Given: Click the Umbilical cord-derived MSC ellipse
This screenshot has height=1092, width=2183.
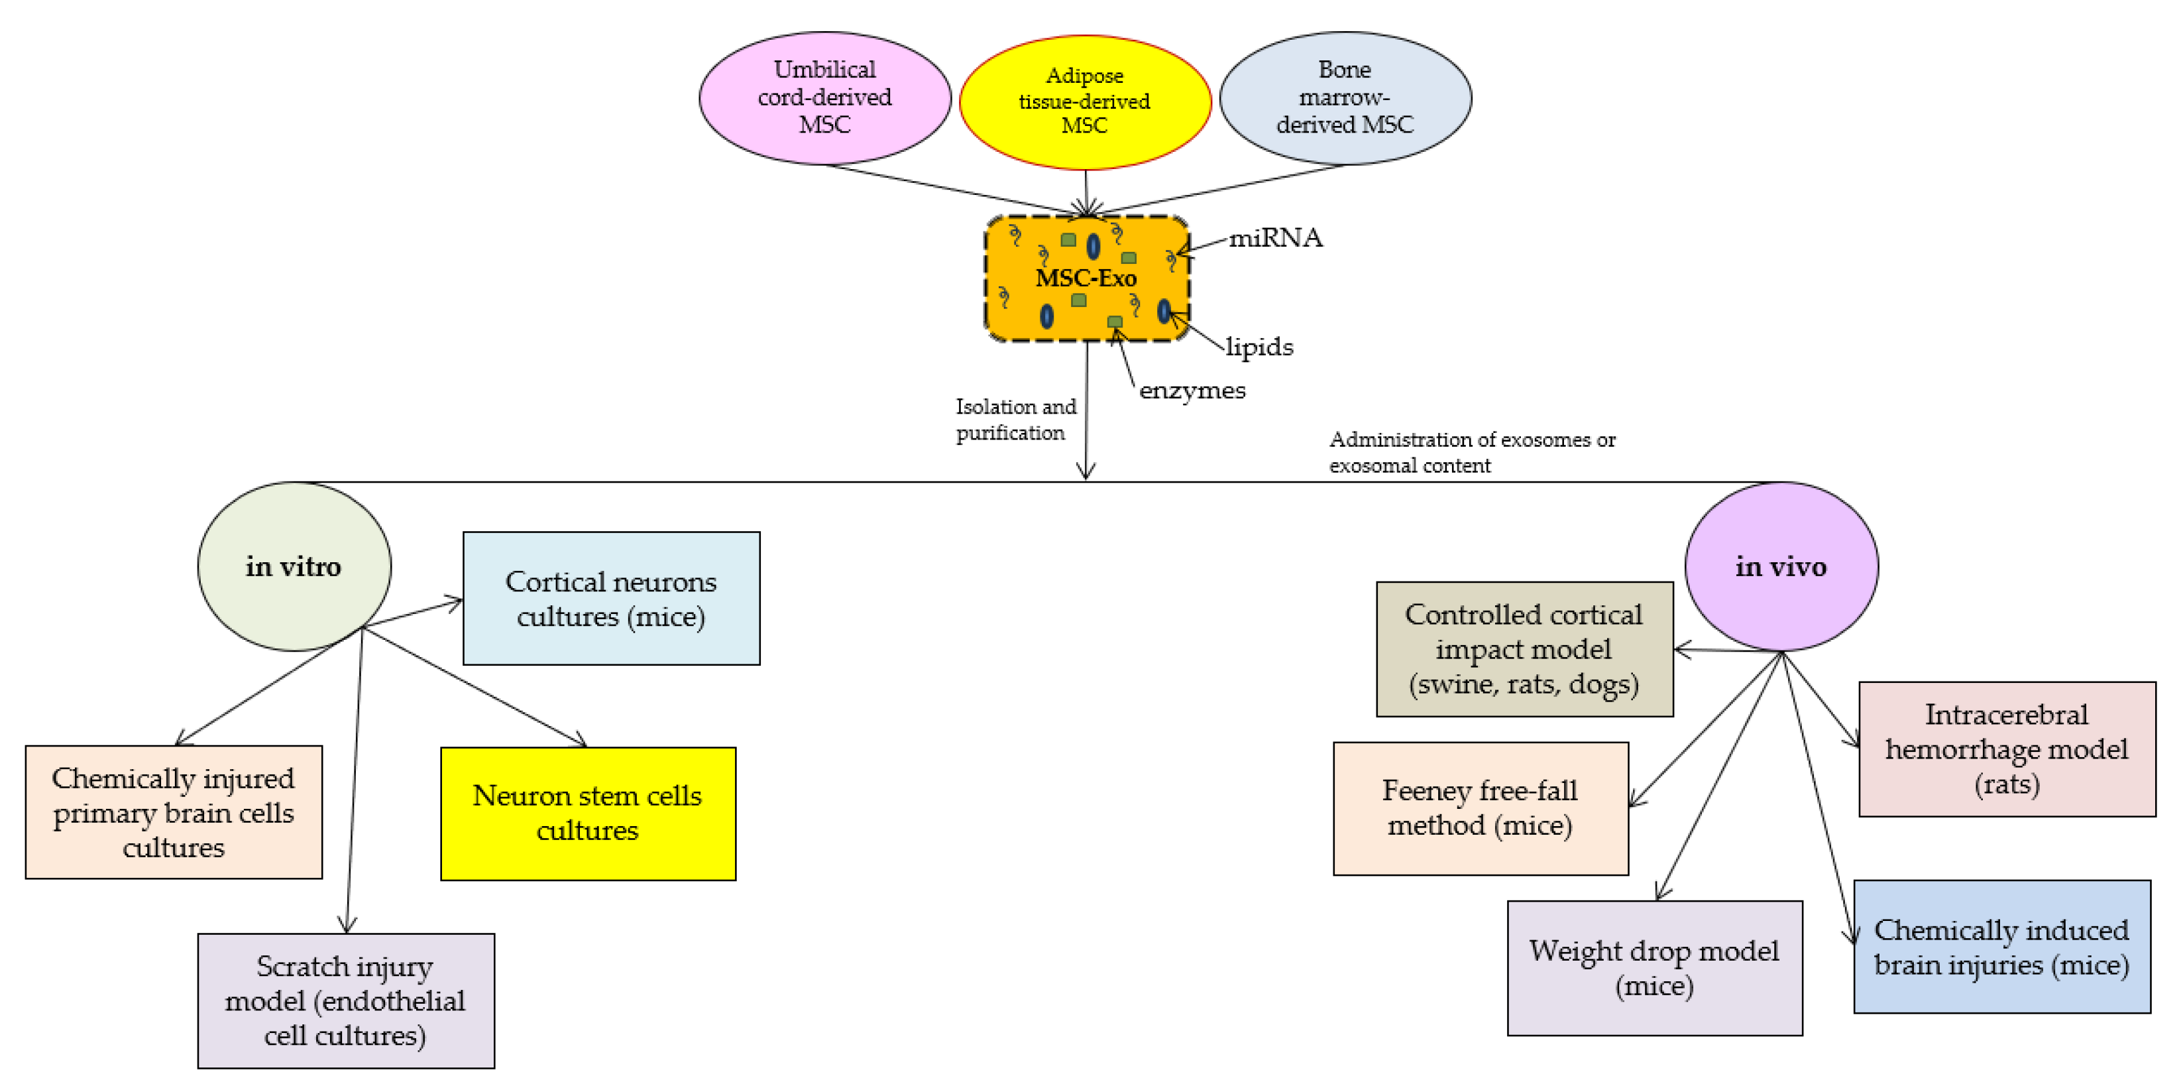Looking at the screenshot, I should coord(824,97).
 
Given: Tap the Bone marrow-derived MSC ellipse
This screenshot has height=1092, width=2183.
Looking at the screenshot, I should coord(1344,97).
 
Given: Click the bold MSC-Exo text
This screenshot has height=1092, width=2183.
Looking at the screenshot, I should coord(1086,278).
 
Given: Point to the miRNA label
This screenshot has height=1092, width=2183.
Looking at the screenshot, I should coord(1274,238).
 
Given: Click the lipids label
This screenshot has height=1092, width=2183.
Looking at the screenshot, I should coord(1259,347).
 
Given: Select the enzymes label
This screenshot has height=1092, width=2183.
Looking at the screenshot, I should coord(1192,391).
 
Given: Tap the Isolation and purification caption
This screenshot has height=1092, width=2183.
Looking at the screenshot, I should coord(1015,420).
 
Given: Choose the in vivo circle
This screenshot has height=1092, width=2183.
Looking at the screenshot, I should coord(1781,566).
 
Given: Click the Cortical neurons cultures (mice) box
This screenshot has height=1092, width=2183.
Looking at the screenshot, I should coord(610,599).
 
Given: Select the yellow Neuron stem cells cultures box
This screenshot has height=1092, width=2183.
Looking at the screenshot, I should coord(587,813).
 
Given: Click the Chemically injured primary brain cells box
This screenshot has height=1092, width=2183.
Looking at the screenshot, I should coord(173,812).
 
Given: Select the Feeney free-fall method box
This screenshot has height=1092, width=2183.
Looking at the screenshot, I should coord(1480,808).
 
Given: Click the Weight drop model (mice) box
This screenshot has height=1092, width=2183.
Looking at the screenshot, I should coord(1653,967).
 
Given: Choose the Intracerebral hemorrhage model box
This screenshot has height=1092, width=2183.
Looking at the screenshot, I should coord(2006,749).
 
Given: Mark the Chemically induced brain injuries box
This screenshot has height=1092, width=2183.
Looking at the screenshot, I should coord(2001,947).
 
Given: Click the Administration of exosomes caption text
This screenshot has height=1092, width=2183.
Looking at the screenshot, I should coord(1471,452).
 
